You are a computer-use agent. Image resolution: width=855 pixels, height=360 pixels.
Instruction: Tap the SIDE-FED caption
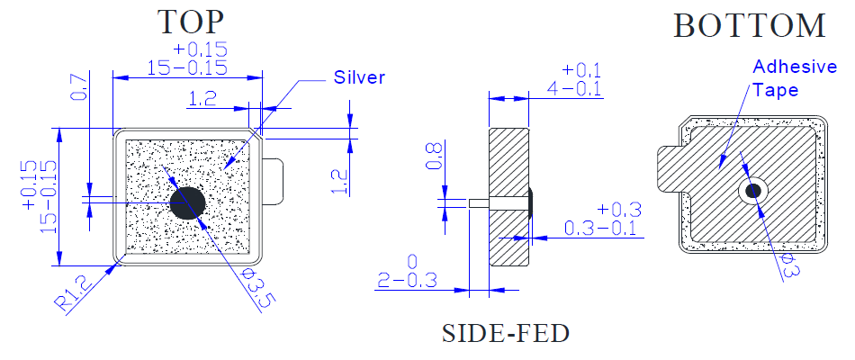[x=506, y=334]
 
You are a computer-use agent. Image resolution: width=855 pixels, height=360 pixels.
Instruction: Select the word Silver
[x=359, y=77]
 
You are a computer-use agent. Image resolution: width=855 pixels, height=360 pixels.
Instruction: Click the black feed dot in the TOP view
[x=187, y=202]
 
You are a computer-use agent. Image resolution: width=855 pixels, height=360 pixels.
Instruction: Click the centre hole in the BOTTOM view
[x=752, y=190]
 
